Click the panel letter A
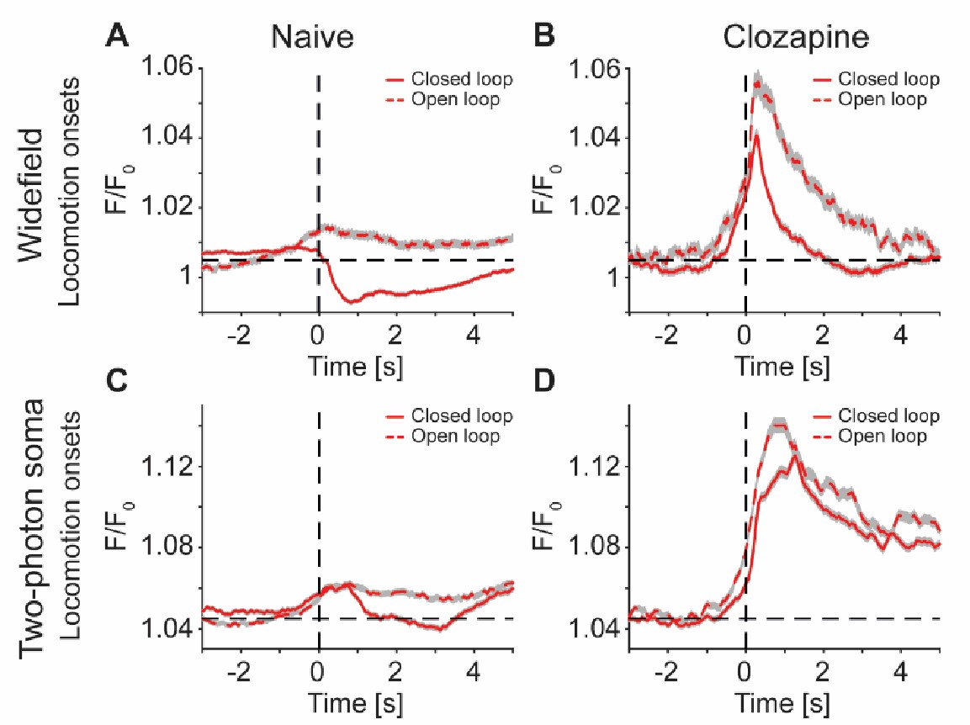118,37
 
